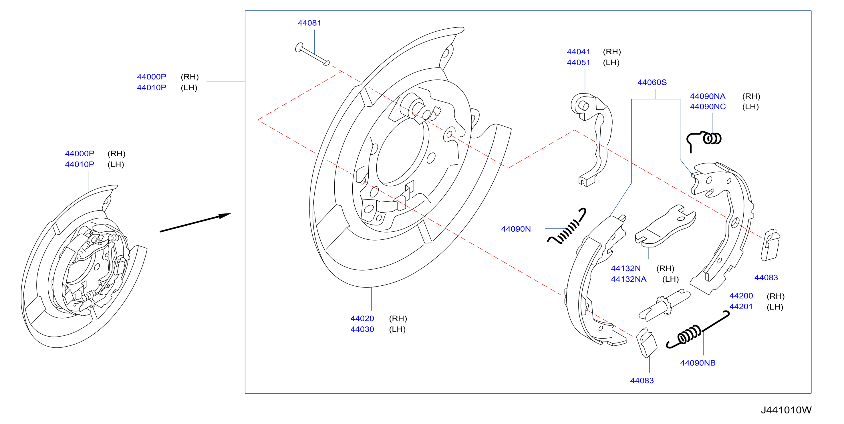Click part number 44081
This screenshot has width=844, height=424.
click(x=309, y=23)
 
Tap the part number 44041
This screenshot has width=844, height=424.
click(x=578, y=52)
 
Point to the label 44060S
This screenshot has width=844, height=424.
click(x=652, y=82)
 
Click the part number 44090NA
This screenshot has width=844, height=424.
click(x=707, y=96)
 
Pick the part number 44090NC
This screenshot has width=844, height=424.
click(x=708, y=107)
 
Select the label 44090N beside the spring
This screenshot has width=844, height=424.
click(x=516, y=229)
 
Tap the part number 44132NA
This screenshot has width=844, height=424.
click(x=628, y=279)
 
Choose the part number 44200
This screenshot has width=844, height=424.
click(x=741, y=296)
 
